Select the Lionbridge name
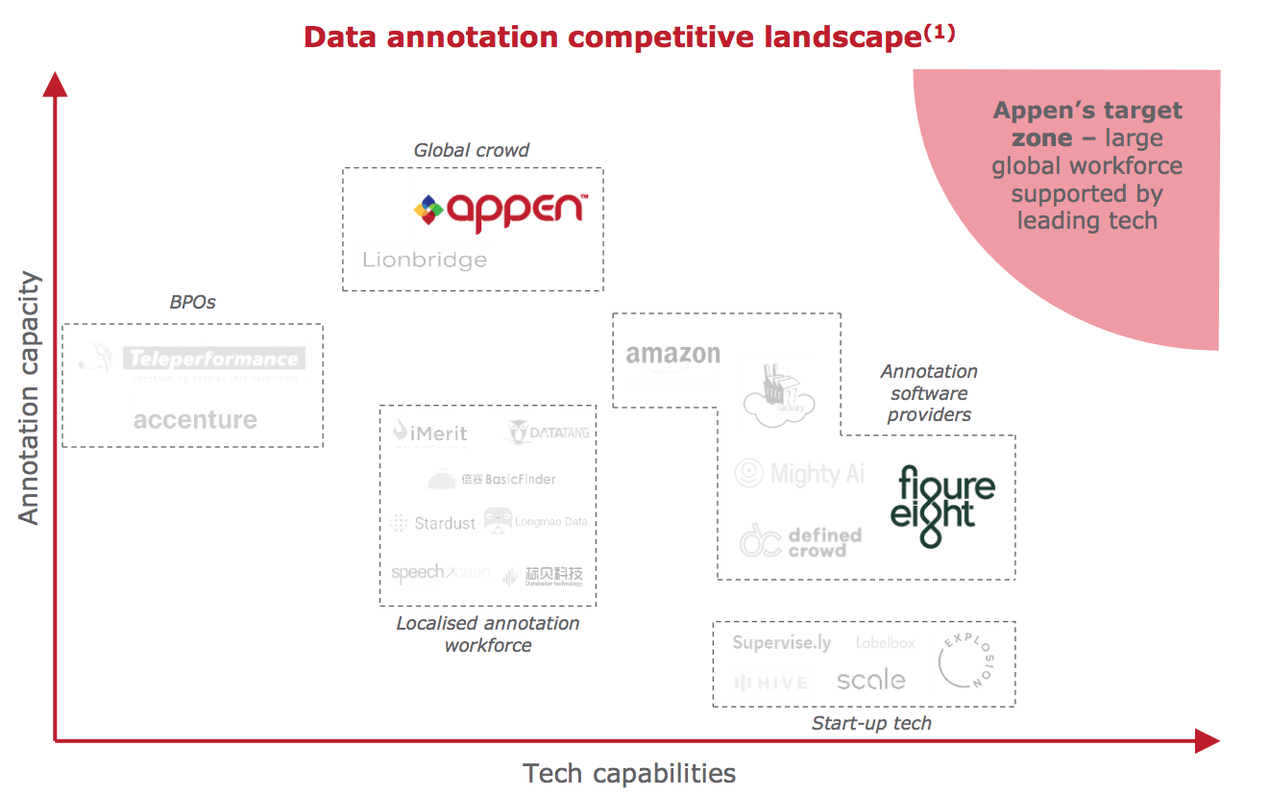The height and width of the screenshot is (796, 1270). (425, 260)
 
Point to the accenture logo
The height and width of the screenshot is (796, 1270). (195, 420)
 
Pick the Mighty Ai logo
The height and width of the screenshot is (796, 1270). (800, 473)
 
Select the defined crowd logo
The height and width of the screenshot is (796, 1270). (801, 541)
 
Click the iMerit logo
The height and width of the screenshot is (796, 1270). (430, 434)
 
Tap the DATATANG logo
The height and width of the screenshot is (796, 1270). (547, 433)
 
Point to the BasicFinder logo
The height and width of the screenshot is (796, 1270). (493, 479)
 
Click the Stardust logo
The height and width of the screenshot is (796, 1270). (433, 523)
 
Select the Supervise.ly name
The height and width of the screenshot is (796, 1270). (782, 643)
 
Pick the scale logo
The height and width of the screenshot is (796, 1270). (870, 681)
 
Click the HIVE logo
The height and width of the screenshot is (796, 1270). (771, 683)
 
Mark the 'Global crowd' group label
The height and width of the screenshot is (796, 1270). (471, 150)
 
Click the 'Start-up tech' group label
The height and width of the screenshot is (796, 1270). (871, 723)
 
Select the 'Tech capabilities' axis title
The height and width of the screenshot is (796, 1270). (629, 773)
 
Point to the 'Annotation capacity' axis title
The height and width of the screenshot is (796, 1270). (30, 398)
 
